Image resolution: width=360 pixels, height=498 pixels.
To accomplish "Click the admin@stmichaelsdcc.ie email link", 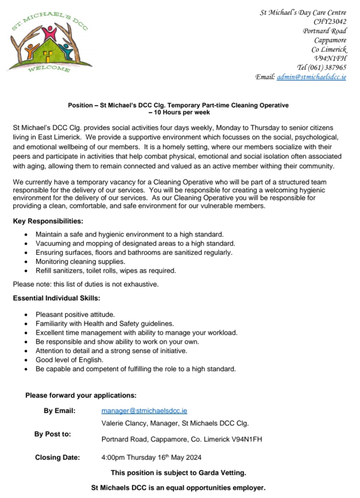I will [x=311, y=77].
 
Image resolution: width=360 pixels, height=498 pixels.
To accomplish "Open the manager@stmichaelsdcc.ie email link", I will [x=144, y=411].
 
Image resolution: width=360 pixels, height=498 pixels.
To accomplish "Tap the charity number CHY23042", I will [x=330, y=22].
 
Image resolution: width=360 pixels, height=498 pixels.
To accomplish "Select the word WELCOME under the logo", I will [x=49, y=68].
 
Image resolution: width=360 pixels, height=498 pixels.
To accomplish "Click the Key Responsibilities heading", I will [x=48, y=221].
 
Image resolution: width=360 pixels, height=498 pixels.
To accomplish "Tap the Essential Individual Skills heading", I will [x=56, y=298].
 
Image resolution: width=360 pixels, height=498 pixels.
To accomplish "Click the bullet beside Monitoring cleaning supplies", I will [x=26, y=262].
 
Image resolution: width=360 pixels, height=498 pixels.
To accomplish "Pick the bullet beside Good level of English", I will [x=26, y=360].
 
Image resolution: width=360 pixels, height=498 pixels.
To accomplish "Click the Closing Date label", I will [x=57, y=457].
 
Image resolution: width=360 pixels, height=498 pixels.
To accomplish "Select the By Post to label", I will [x=53, y=434].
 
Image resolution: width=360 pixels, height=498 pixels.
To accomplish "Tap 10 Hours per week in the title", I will [x=182, y=113].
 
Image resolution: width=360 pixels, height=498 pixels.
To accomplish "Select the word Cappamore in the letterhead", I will [x=330, y=40].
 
